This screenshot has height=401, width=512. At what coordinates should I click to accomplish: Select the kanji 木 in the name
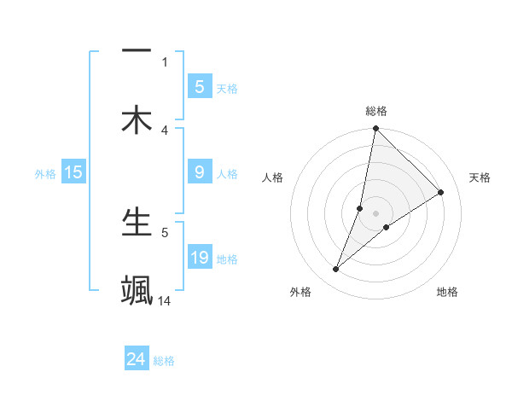point(137,119)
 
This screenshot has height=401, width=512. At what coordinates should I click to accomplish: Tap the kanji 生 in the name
point(137,222)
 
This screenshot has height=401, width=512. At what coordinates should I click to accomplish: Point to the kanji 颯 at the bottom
point(137,290)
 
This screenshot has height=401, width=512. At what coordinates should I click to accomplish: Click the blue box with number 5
point(200,86)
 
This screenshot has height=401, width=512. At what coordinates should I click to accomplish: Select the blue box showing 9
point(200,172)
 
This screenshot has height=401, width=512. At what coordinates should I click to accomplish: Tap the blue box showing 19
point(200,257)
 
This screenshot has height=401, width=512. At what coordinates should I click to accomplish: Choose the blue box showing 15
point(73,172)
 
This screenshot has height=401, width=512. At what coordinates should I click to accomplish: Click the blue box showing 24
point(136,359)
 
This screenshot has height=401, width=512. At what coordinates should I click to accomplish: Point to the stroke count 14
point(166,300)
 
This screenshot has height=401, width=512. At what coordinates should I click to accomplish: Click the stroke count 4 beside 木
point(165,130)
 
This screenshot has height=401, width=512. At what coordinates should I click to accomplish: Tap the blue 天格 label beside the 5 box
point(227,88)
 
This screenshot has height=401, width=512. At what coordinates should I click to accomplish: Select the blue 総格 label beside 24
point(164,361)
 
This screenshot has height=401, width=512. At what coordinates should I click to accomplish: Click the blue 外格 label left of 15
point(45,174)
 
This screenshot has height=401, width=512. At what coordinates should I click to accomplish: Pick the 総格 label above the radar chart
point(375,111)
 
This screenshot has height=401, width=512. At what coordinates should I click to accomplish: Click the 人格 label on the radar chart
point(273,177)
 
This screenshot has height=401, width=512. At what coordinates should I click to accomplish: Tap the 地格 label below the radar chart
point(447,292)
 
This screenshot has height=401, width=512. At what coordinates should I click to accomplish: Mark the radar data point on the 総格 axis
point(375,128)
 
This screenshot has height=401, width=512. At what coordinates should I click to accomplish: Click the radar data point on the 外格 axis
point(336,270)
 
